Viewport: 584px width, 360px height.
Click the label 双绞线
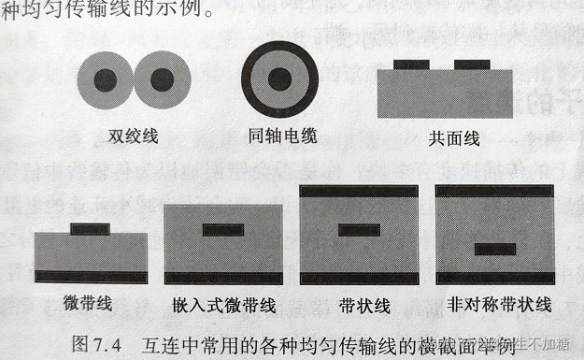(x=133, y=137)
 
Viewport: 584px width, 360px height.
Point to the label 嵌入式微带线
(x=224, y=305)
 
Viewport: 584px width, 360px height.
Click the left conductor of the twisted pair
(x=105, y=79)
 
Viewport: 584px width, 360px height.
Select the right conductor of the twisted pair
(x=163, y=79)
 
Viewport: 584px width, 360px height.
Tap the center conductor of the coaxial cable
(x=279, y=79)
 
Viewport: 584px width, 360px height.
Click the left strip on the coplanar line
(x=411, y=65)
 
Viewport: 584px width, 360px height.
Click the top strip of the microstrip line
(x=91, y=228)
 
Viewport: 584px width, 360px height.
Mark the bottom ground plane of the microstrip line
(x=91, y=277)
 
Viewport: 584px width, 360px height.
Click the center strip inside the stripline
(x=359, y=230)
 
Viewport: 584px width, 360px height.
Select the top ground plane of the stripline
(x=359, y=190)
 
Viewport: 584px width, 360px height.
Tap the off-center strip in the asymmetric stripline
(x=495, y=250)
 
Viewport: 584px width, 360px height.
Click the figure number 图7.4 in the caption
(x=96, y=341)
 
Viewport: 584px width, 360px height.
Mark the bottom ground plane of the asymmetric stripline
(x=495, y=277)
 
